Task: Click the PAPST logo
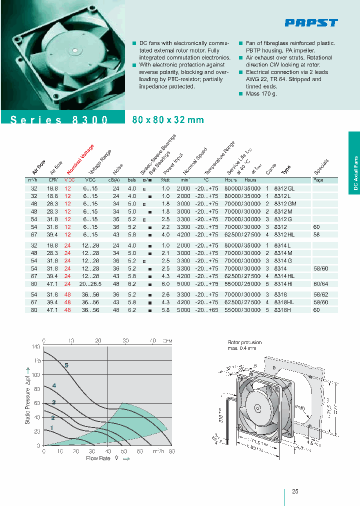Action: pyautogui.click(x=311, y=22)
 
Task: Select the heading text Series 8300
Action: pyautogui.click(x=59, y=120)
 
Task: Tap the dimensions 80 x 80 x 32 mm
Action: pyautogui.click(x=168, y=120)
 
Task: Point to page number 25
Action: pyautogui.click(x=295, y=491)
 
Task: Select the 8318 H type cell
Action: pyautogui.click(x=282, y=310)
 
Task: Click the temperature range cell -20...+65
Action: pyautogui.click(x=206, y=310)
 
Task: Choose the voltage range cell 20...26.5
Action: pyautogui.click(x=90, y=283)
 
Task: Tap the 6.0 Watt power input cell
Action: pyautogui.click(x=166, y=283)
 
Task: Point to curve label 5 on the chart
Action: pyautogui.click(x=66, y=365)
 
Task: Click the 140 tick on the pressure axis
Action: pyautogui.click(x=36, y=346)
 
